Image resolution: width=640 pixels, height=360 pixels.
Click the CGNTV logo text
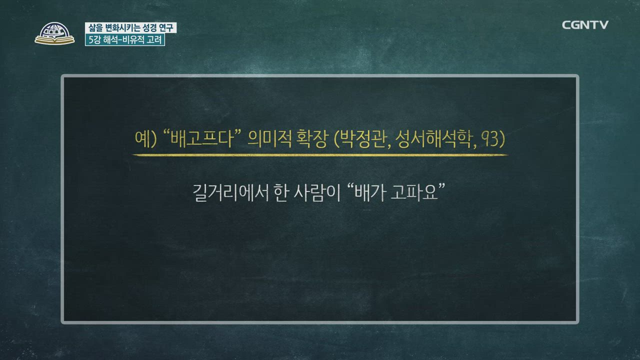(585, 25)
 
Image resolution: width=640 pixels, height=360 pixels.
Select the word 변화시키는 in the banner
(118, 28)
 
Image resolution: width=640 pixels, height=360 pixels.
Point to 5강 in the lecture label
(93, 40)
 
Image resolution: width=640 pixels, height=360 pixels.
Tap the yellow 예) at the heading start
(145, 139)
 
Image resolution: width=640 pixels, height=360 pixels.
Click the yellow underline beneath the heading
(320, 155)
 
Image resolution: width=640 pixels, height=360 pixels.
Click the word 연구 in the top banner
(167, 28)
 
